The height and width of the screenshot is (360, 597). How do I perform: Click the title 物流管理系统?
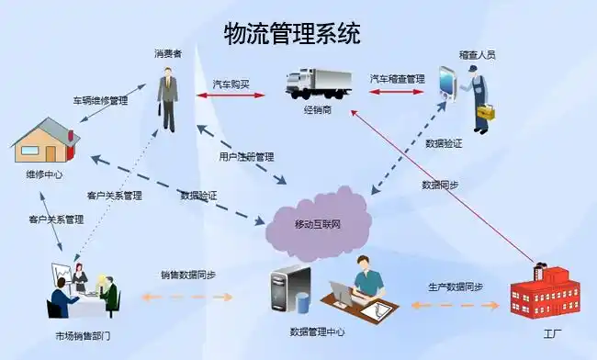coord(292,34)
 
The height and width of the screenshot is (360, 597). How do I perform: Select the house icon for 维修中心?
coord(45,141)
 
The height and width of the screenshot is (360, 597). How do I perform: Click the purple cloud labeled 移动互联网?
coord(317,224)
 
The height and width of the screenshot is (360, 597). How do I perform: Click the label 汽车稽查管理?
coord(397,79)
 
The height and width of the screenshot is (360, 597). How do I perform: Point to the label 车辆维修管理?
coord(100,99)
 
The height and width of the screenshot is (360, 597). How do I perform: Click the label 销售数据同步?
coord(188,275)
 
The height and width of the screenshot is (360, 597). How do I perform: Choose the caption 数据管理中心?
coord(318,332)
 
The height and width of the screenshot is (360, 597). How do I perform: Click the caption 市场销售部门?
coord(83,336)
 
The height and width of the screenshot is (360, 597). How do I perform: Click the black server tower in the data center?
coord(282,290)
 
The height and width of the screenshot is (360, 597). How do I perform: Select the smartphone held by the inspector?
coord(447,82)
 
